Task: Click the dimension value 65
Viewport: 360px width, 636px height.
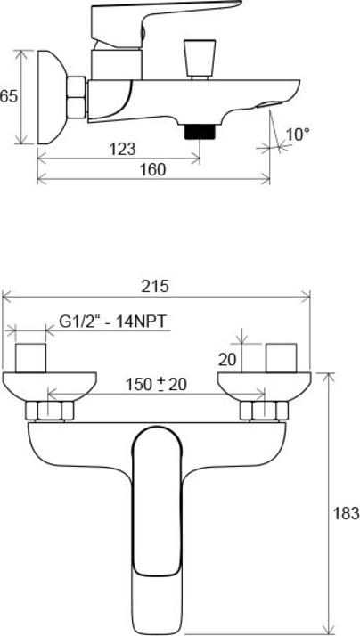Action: point(9,96)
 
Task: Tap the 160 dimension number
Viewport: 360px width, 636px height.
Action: point(152,170)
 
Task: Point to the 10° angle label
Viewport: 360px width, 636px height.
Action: point(298,135)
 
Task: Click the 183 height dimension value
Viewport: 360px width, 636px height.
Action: point(348,513)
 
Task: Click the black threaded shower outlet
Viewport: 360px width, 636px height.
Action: point(197,132)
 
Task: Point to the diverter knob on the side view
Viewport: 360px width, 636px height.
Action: point(195,60)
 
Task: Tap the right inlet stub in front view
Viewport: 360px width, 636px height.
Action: point(282,358)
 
